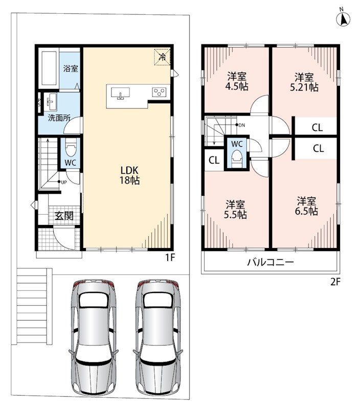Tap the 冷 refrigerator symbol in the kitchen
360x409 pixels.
point(162,57)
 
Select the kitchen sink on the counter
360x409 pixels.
point(120,93)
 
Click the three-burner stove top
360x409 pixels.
point(160,93)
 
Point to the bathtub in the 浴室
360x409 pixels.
point(49,68)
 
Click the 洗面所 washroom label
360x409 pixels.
point(59,118)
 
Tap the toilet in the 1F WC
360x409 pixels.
point(71,147)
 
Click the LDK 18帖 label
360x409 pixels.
point(129,175)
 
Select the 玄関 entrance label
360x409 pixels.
point(63,216)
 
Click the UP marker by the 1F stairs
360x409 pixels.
point(62,182)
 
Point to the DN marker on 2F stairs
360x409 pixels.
point(240,125)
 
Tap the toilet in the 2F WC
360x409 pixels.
point(237,158)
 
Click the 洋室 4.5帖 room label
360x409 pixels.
point(237,81)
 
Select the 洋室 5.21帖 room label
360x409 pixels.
point(304,82)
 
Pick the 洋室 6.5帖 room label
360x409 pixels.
point(306,206)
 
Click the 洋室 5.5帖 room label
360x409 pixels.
point(235,209)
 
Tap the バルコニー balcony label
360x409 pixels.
point(271,262)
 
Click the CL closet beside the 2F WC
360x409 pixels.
point(214,160)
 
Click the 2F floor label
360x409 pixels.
point(335,282)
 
